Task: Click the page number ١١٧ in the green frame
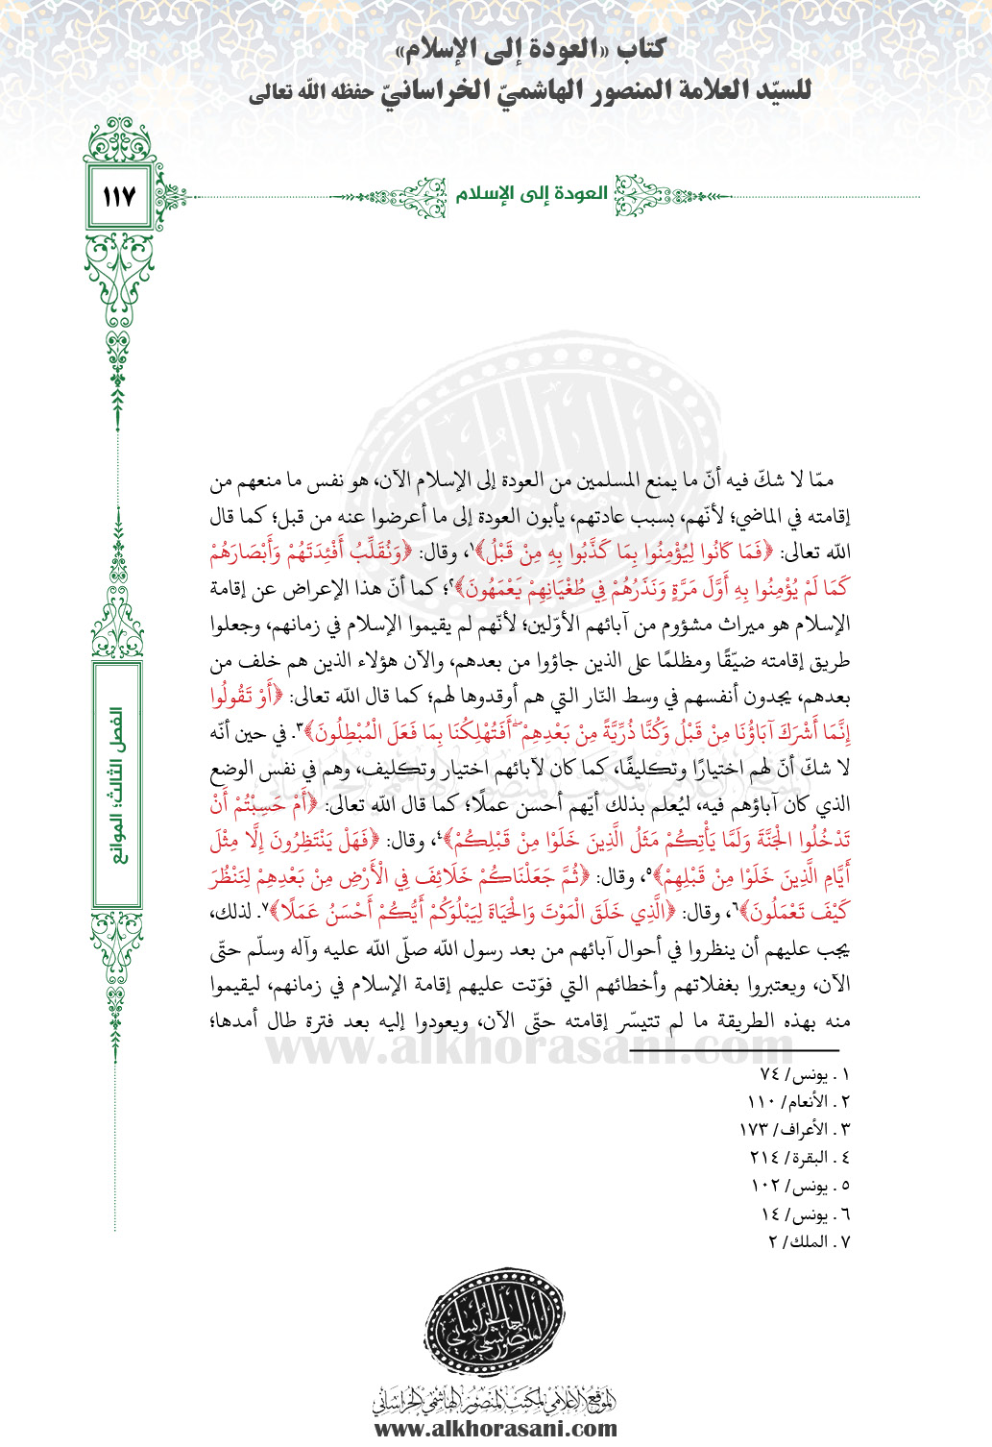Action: point(118,197)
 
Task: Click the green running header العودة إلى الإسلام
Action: point(531,194)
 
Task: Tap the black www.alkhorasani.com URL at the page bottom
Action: point(495,1429)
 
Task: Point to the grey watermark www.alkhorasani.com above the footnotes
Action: point(528,1049)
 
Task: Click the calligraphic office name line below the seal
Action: point(495,1398)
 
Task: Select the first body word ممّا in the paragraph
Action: point(821,479)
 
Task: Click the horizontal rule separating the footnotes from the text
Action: point(735,1051)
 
